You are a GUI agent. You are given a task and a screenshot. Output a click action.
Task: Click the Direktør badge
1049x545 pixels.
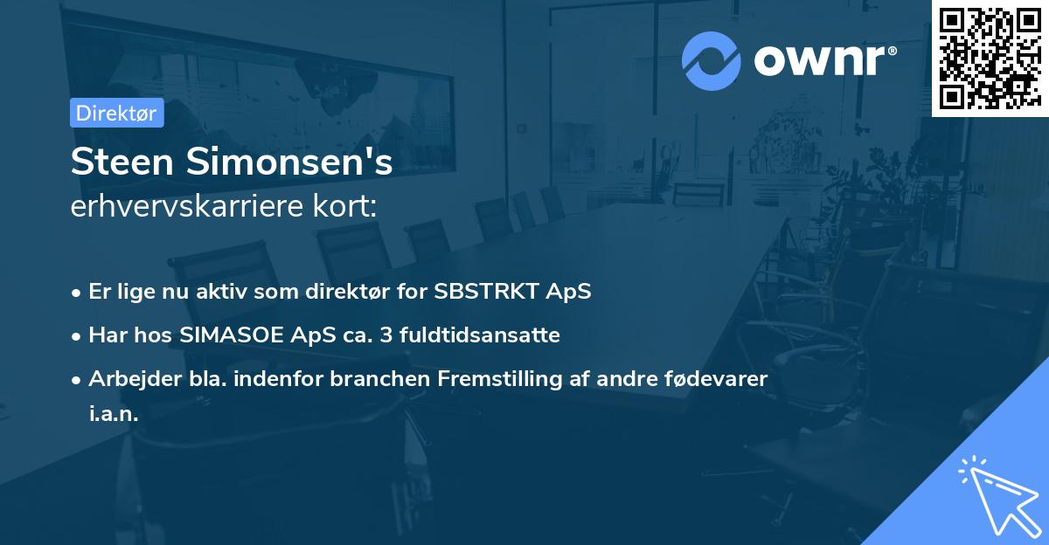click(116, 113)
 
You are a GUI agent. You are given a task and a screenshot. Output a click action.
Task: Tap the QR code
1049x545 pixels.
click(989, 59)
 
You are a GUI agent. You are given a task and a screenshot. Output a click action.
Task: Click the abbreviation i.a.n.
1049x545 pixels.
click(114, 414)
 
